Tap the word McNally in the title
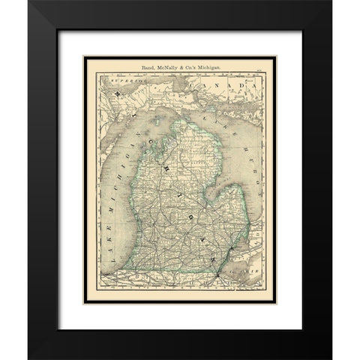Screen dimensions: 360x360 click(157, 67)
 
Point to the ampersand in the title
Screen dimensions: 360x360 click(173, 67)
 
